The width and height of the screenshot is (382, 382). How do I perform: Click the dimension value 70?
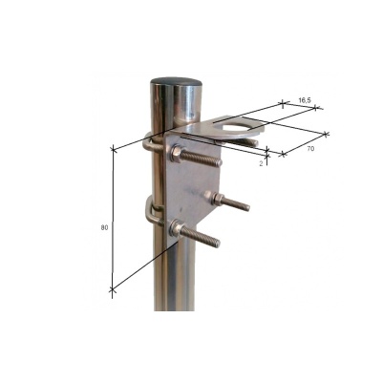(x=311, y=150)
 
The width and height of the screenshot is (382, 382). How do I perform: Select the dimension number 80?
(x=104, y=226)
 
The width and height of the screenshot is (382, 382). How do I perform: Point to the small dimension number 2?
(x=261, y=163)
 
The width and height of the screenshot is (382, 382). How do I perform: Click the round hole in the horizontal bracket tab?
(x=238, y=128)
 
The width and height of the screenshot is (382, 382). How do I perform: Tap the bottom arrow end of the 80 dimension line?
(x=113, y=290)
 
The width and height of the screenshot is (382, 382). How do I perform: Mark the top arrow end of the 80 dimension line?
(x=113, y=148)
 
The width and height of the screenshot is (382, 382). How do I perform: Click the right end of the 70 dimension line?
(x=327, y=133)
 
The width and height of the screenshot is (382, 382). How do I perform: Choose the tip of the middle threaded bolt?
(x=248, y=206)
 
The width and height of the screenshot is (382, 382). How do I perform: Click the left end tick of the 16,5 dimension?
(x=284, y=101)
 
